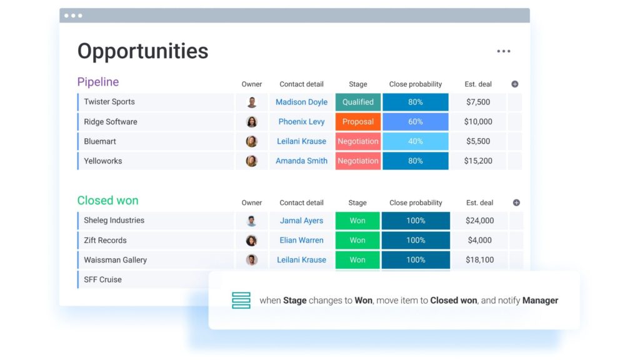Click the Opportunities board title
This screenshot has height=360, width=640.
pyautogui.click(x=143, y=51)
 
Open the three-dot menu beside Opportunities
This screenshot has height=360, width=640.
pyautogui.click(x=504, y=51)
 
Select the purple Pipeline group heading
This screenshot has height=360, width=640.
pyautogui.click(x=98, y=82)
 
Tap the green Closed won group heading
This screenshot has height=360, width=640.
pyautogui.click(x=107, y=201)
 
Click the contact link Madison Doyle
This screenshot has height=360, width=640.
pyautogui.click(x=301, y=102)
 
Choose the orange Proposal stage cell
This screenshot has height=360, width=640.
pyautogui.click(x=358, y=122)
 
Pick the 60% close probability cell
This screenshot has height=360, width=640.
pyautogui.click(x=415, y=122)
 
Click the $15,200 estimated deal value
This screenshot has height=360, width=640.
pyautogui.click(x=478, y=161)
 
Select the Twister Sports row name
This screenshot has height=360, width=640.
pyautogui.click(x=109, y=102)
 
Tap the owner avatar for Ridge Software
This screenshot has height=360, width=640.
pyautogui.click(x=252, y=122)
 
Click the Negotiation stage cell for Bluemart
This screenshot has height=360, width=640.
pyautogui.click(x=358, y=141)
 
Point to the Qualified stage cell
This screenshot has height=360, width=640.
pyautogui.click(x=358, y=102)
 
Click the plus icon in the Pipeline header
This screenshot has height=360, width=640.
pyautogui.click(x=515, y=84)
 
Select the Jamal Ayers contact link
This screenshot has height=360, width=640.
pyautogui.click(x=301, y=221)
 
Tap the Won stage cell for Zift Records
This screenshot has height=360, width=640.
pyautogui.click(x=357, y=241)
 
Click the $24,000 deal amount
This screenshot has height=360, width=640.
pyautogui.click(x=479, y=221)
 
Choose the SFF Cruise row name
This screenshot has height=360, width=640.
pyautogui.click(x=102, y=279)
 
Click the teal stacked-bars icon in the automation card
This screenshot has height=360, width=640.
pyautogui.click(x=241, y=301)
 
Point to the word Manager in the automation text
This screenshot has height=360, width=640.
pyautogui.click(x=540, y=301)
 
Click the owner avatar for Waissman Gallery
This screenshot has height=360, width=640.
pyautogui.click(x=252, y=259)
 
